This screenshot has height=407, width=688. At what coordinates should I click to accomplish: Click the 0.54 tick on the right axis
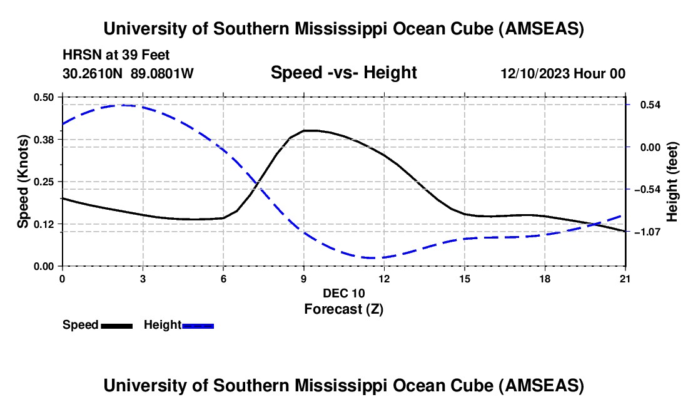(648, 105)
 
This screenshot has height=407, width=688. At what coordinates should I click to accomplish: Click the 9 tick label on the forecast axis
(303, 279)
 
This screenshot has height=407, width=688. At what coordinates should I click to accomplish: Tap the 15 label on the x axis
(464, 279)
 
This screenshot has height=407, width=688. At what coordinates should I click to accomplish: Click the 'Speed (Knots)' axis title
(23, 182)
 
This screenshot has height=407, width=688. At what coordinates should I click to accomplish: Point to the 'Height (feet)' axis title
(672, 182)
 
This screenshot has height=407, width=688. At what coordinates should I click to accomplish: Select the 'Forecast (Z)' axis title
(343, 309)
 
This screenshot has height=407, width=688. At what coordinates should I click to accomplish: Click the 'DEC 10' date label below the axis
(343, 293)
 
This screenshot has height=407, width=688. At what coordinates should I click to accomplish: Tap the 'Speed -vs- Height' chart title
(343, 73)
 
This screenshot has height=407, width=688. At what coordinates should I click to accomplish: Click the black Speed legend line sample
(116, 326)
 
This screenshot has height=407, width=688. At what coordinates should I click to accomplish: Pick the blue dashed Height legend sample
(198, 326)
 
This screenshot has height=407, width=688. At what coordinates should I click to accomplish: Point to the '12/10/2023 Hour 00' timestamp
(563, 74)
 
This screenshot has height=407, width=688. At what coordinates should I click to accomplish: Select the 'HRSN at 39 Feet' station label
(116, 55)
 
